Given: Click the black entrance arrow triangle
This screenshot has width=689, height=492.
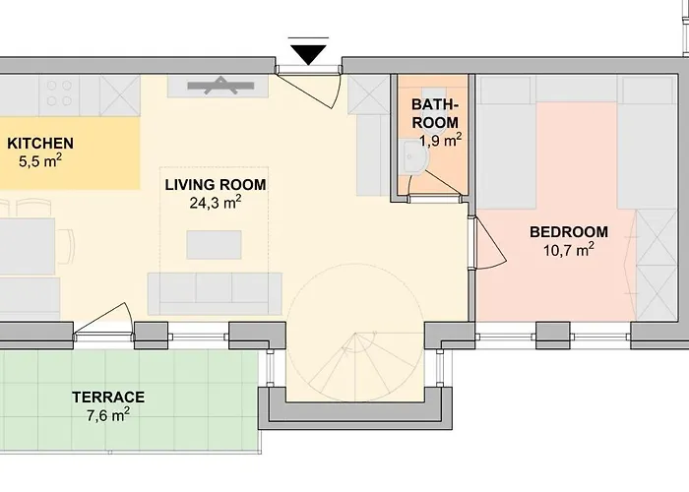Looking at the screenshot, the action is (x=308, y=54).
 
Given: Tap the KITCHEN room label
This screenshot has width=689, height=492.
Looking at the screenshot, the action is (x=40, y=144).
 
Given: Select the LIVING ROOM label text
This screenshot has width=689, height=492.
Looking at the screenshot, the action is (x=216, y=185).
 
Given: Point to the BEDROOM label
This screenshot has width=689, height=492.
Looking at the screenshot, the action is (x=569, y=232).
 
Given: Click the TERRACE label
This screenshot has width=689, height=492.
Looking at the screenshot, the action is (x=108, y=398).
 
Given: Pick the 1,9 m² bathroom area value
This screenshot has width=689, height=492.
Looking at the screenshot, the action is (x=441, y=141).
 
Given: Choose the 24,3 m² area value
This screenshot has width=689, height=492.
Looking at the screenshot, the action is (x=216, y=203).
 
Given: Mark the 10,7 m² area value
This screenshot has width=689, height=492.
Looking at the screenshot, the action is (x=569, y=250).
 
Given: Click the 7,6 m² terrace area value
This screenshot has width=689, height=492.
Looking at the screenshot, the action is (x=108, y=414).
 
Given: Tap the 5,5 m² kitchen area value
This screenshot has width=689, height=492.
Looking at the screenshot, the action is (x=40, y=160).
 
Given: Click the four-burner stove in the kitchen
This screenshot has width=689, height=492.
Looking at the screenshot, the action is (x=59, y=93).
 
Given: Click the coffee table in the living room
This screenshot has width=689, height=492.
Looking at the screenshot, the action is (x=214, y=245).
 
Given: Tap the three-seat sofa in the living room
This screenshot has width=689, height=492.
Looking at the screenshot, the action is (x=215, y=293).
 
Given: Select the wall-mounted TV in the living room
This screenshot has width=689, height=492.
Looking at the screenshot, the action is (x=220, y=86).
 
